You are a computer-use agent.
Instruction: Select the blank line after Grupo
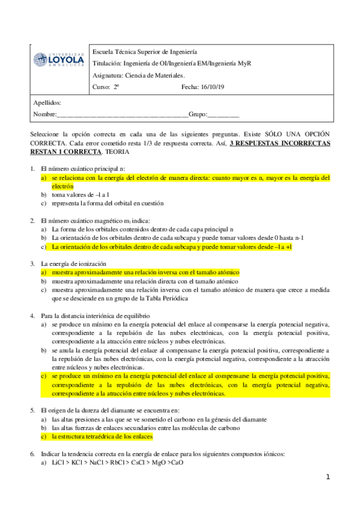click(x=223, y=114)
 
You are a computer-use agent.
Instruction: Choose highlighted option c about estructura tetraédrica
click(x=102, y=436)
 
